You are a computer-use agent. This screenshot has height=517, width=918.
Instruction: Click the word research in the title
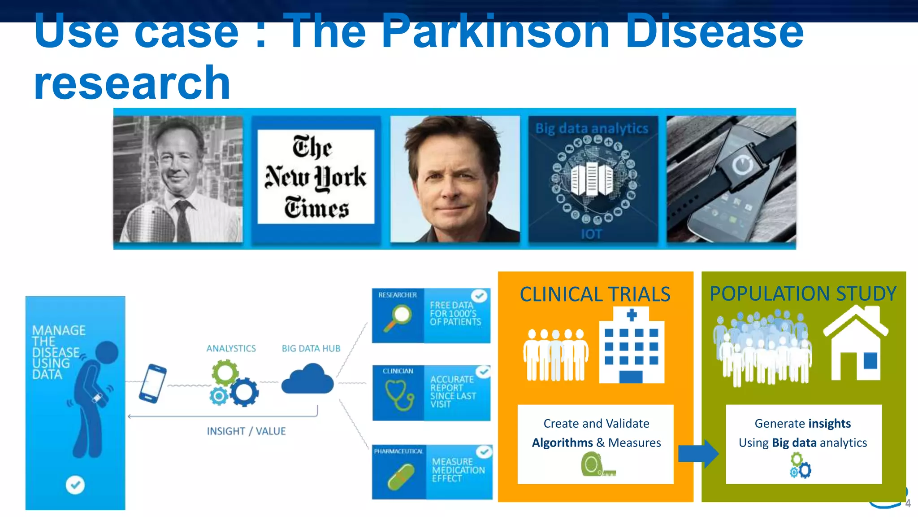click(x=132, y=83)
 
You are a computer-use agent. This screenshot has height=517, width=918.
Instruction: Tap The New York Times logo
click(x=316, y=177)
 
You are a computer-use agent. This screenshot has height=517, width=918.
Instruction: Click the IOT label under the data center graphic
click(x=591, y=234)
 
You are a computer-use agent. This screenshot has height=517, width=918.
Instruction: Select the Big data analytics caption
click(x=592, y=129)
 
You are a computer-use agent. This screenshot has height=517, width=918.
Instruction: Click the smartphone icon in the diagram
click(x=152, y=383)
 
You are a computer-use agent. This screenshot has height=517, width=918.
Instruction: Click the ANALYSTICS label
click(x=231, y=349)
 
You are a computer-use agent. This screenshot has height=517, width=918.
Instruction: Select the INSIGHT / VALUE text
click(x=246, y=431)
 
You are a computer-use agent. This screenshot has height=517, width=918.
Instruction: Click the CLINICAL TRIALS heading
click(x=595, y=295)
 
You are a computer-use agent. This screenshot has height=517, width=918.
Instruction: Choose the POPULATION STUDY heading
click(x=803, y=294)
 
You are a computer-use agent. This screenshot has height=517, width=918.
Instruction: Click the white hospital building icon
click(x=631, y=346)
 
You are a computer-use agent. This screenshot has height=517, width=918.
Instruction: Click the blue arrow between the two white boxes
click(x=698, y=454)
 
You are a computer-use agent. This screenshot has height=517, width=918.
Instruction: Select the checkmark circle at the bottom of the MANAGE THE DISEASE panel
click(x=75, y=485)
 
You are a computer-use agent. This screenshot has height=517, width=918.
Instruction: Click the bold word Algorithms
click(x=562, y=443)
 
